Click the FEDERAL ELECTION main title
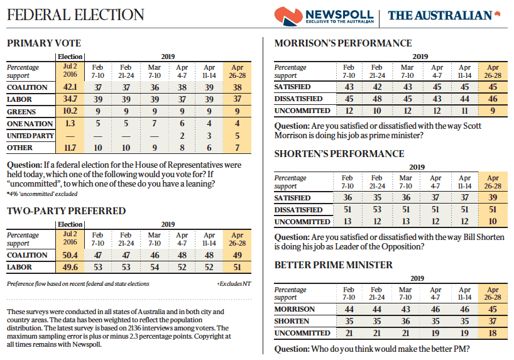click(x=75, y=14)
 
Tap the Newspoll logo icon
click(x=288, y=15)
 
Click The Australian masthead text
click(x=439, y=15)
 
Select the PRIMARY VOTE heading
click(x=43, y=43)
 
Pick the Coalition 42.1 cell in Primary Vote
click(x=70, y=87)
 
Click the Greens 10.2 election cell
click(x=70, y=111)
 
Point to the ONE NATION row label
click(x=30, y=124)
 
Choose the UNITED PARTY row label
click(x=30, y=136)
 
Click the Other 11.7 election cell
click(x=70, y=148)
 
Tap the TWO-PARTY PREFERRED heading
click(x=66, y=211)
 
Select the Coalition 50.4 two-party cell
click(x=70, y=255)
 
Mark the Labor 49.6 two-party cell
click(x=70, y=267)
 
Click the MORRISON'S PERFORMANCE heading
click(x=343, y=43)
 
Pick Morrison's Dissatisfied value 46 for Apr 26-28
click(x=493, y=99)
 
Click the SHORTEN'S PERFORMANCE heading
click(x=339, y=154)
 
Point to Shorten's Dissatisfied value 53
click(x=377, y=210)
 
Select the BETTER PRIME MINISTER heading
click(x=334, y=265)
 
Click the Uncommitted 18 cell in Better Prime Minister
click(x=493, y=333)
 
